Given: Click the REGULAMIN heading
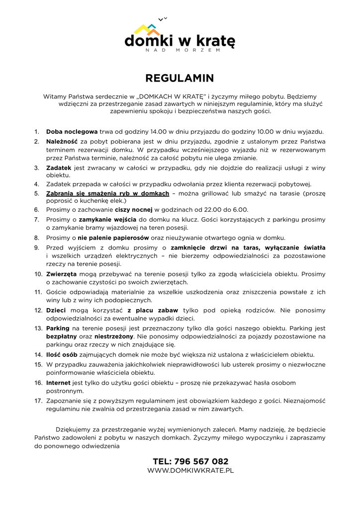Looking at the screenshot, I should (180, 79).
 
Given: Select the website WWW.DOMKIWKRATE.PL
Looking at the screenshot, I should (190, 470).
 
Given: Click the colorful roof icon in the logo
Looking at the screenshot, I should (147, 29).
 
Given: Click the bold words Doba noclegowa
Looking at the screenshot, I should (72, 132).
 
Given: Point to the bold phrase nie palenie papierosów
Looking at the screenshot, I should (113, 238).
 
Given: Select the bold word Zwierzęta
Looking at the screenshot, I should (61, 274).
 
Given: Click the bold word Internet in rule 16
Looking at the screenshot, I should (58, 383).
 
